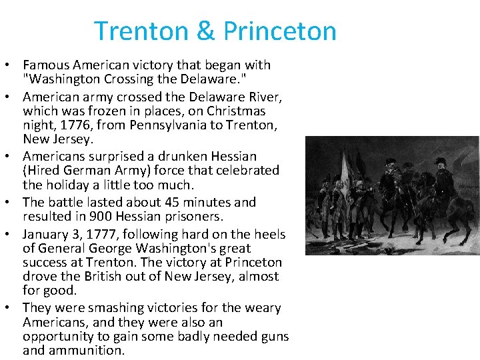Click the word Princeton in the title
(x=280, y=31)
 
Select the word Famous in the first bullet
(x=47, y=65)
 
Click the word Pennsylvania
(x=169, y=125)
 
